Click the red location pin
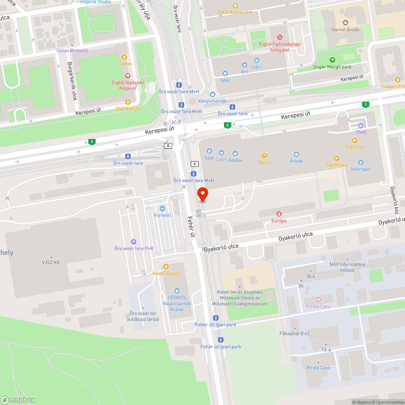point(202,194)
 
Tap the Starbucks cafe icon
point(336,158)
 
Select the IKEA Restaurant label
point(235,12)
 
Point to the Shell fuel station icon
point(361,125)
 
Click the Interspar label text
point(360,169)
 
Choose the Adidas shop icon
point(235,153)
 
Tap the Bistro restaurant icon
point(264,156)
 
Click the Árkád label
point(296,161)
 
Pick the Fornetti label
point(162,215)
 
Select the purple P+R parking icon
point(134,242)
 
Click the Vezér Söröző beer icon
point(166,266)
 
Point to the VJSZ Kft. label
point(51,262)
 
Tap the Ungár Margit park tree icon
point(332,60)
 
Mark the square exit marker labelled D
point(168,145)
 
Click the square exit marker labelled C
point(195,164)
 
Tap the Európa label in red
point(279,221)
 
